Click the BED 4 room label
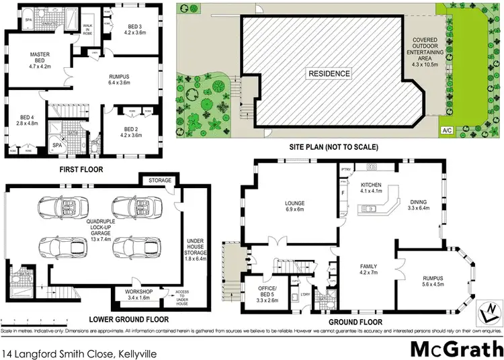22,120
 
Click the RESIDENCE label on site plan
329,73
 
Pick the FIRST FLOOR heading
81,170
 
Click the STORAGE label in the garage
160,181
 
